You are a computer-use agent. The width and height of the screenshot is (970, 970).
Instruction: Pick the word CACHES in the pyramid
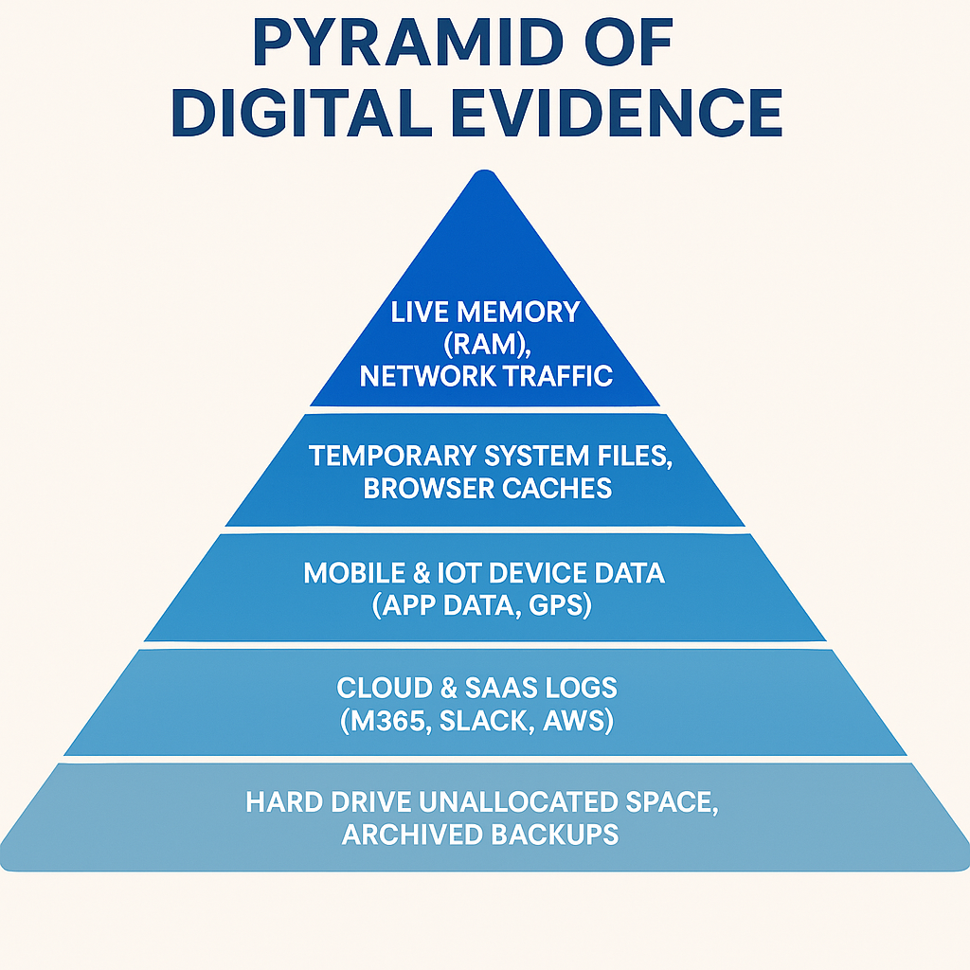point(564,488)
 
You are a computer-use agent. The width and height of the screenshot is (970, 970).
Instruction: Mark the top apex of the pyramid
point(485,171)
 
